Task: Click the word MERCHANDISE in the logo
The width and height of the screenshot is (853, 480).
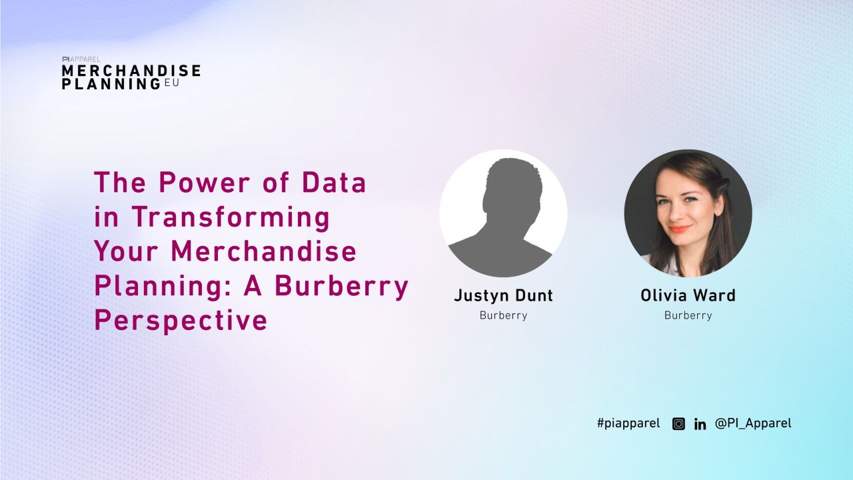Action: (x=131, y=71)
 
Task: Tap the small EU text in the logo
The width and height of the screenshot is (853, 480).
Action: (x=171, y=83)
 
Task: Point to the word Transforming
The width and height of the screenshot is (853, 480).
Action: (x=231, y=217)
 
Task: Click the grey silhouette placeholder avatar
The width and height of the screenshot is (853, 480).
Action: (x=503, y=213)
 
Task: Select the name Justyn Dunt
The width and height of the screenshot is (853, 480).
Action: (x=503, y=295)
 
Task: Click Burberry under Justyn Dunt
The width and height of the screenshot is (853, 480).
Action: (x=503, y=315)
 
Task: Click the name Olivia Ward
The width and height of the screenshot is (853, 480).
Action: (x=688, y=295)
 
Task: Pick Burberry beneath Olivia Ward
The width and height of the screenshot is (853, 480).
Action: (x=688, y=315)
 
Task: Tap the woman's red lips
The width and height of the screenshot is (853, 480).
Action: (x=680, y=229)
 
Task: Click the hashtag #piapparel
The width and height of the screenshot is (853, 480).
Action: (x=628, y=423)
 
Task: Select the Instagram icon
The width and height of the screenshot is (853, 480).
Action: (x=678, y=423)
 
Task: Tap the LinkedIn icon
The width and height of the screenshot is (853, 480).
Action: (x=700, y=424)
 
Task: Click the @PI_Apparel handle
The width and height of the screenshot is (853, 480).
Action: (x=753, y=423)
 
